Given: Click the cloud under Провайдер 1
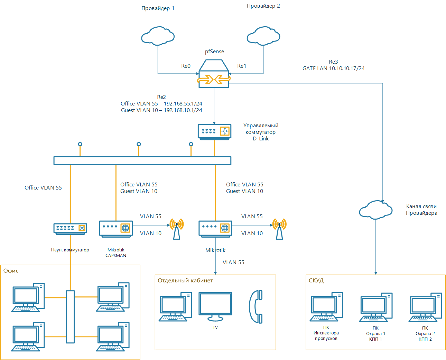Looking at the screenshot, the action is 158,36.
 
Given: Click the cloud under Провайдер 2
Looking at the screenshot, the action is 263,36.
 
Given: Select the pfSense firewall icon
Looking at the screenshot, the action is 214,74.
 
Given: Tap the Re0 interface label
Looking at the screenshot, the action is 186,66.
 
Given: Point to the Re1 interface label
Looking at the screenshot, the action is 242,66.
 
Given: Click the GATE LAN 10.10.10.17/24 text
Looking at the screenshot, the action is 334,68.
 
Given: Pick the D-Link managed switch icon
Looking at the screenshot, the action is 214,132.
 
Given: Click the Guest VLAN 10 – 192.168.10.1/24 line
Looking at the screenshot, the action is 161,110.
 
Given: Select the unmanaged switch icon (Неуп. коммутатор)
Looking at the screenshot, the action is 70,229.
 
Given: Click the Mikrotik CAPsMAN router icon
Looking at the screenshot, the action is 116,229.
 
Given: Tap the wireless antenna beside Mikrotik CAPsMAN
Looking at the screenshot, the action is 177,229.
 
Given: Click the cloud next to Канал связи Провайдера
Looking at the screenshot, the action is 376,210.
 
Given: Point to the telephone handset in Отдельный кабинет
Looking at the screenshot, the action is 256,306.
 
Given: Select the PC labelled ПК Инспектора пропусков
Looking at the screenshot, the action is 326,307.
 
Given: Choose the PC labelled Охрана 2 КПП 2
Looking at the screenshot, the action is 425,307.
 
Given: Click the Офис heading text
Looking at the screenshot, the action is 11,271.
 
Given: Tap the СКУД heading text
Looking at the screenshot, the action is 316,280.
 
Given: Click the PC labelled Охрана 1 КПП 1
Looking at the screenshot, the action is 376,307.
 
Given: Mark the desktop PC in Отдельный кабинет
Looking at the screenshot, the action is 175,307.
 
